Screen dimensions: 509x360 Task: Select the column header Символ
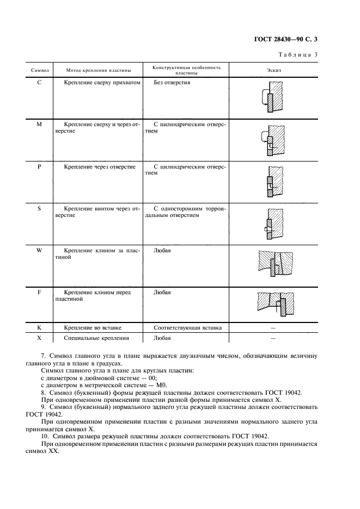tap(40, 70)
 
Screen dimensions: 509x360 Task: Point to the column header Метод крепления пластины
tap(99, 70)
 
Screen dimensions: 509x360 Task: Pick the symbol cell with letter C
tap(39, 83)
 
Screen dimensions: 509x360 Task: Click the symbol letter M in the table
tap(39, 125)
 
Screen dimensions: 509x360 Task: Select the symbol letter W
tap(39, 250)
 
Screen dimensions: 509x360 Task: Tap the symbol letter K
tap(39, 327)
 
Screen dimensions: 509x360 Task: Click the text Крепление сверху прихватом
tap(102, 83)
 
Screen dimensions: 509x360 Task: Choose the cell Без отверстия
tap(172, 83)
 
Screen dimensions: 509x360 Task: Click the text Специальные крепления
tap(96, 338)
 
